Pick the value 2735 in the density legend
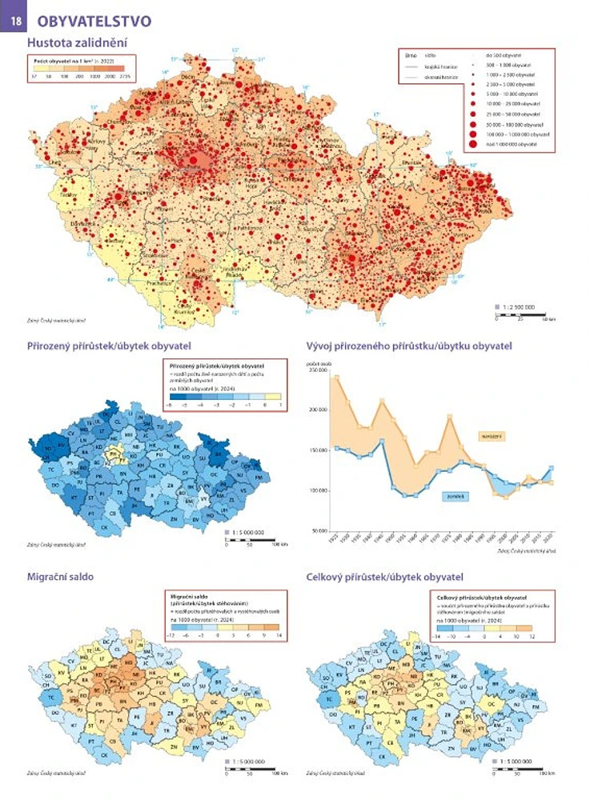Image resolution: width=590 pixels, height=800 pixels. coord(124,77)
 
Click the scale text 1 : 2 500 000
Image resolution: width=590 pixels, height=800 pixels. coord(520,307)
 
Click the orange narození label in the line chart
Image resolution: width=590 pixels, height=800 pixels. coord(491,435)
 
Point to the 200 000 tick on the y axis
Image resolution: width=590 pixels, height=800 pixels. coord(319,409)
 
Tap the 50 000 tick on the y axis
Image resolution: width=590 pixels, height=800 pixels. coord(319,530)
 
